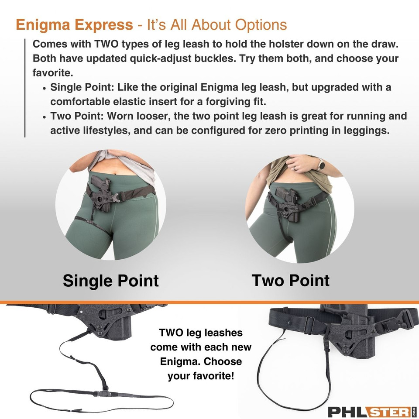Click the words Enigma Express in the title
pos(74,25)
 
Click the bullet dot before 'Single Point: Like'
pos(45,88)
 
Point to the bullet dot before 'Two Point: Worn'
pos(45,117)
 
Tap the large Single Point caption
pos(110,280)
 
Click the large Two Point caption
pos(290,280)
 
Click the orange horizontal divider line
pos(209,302)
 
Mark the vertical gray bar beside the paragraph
pos(25,88)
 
